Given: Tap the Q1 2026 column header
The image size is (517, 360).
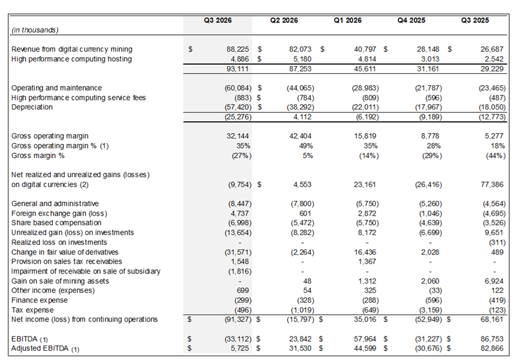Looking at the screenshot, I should point(348,20).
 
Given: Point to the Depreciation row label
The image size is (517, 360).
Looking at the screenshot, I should point(33,107).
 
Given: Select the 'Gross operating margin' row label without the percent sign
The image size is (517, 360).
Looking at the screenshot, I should point(50,136).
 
